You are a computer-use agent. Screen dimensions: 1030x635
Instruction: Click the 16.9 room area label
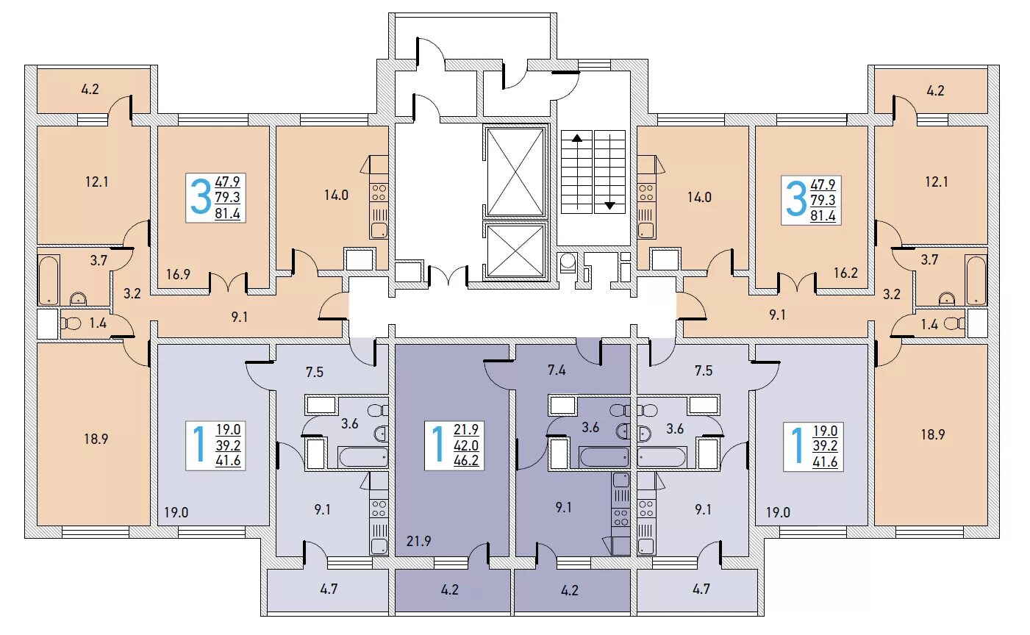tap(178, 275)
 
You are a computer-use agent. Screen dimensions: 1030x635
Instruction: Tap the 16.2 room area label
tap(845, 273)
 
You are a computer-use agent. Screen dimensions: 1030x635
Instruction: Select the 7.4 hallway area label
tap(557, 370)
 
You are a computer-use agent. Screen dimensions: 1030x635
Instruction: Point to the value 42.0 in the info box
tap(466, 445)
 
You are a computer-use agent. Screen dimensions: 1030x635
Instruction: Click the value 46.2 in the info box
tap(466, 461)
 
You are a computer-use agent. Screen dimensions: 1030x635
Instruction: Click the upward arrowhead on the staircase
tap(576, 137)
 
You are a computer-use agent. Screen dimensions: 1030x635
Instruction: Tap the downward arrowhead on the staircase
tap(609, 206)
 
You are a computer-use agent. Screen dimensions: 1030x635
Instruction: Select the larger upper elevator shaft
tap(515, 171)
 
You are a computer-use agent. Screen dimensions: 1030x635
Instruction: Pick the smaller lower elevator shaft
tap(515, 251)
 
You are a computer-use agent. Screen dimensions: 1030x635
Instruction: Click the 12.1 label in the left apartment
tap(96, 182)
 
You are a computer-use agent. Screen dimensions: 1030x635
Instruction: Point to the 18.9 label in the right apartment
tap(932, 434)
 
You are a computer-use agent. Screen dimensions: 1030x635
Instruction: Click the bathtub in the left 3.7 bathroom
tap(49, 281)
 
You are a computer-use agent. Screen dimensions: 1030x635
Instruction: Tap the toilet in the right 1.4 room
tap(954, 324)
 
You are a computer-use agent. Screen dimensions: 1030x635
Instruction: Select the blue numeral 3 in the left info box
tap(201, 198)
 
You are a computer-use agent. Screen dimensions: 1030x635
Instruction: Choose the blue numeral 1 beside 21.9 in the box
tap(437, 444)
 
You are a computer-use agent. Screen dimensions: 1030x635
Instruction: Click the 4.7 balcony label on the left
tap(329, 589)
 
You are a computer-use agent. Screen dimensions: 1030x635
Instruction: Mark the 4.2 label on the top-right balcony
tap(935, 90)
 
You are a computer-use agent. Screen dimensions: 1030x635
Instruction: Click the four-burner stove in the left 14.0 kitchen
tap(379, 193)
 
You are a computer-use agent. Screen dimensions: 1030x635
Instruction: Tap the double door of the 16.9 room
tap(228, 283)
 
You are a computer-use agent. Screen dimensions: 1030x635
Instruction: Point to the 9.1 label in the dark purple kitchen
tap(564, 507)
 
